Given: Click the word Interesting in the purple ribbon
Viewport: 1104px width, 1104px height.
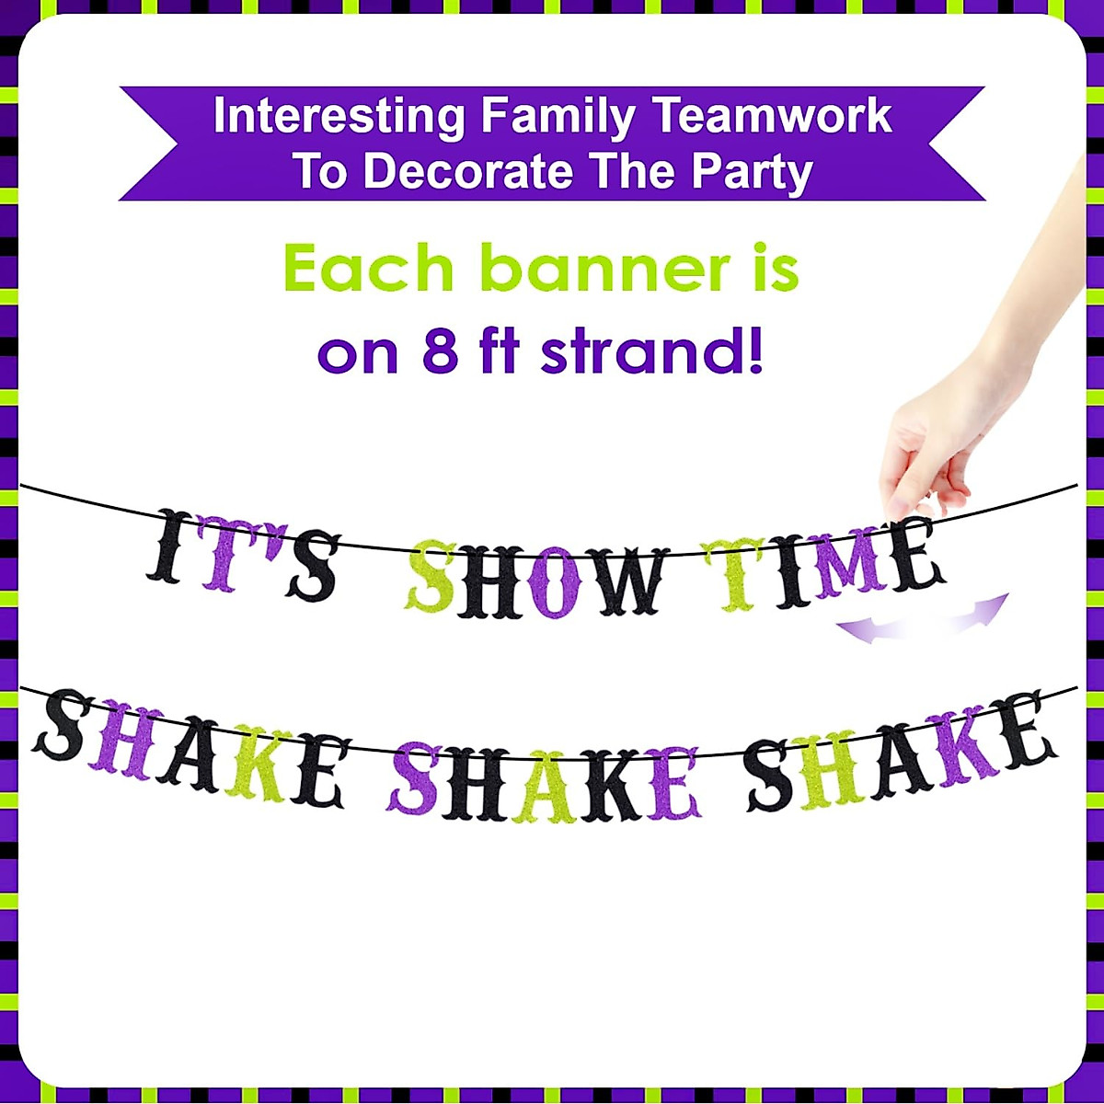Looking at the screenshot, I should [x=339, y=117].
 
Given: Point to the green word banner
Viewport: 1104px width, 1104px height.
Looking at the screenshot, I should [x=604, y=270].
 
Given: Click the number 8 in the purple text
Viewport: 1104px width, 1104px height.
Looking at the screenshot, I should [x=440, y=351].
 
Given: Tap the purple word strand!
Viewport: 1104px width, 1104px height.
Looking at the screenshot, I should [x=651, y=351].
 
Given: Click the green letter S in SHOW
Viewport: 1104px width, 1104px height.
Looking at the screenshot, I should [x=430, y=578].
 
